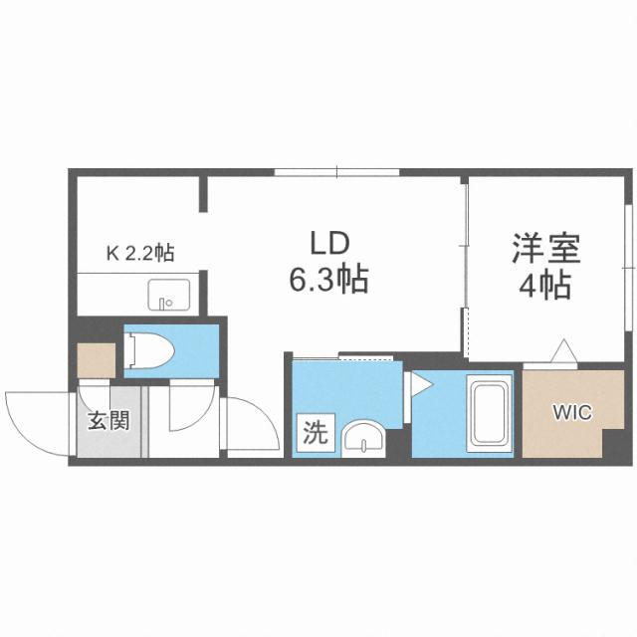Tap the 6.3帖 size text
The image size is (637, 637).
click(x=328, y=281)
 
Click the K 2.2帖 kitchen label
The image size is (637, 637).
click(x=140, y=253)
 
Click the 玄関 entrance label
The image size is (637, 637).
click(x=107, y=421)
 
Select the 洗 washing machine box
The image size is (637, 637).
click(x=314, y=433)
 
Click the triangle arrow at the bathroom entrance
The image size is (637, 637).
click(x=419, y=383)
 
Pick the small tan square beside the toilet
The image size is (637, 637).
click(x=97, y=360)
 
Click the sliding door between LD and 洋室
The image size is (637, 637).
click(x=465, y=264)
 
